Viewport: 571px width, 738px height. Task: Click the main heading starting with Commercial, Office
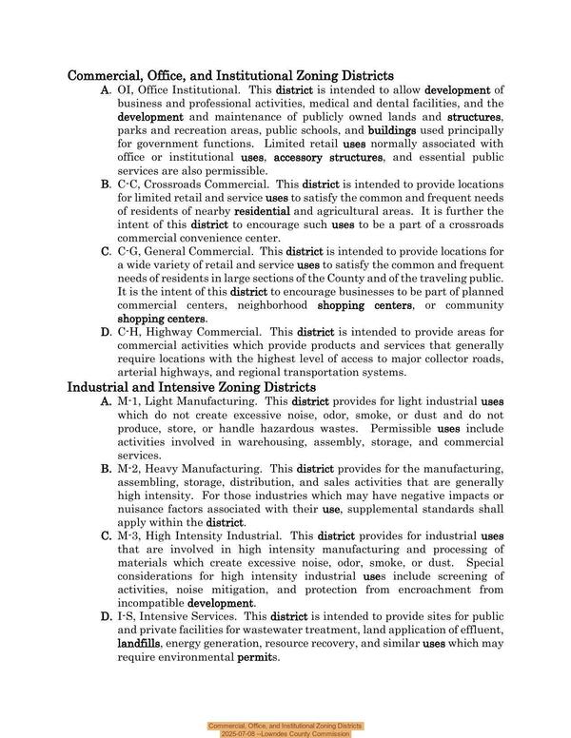tap(230, 75)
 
